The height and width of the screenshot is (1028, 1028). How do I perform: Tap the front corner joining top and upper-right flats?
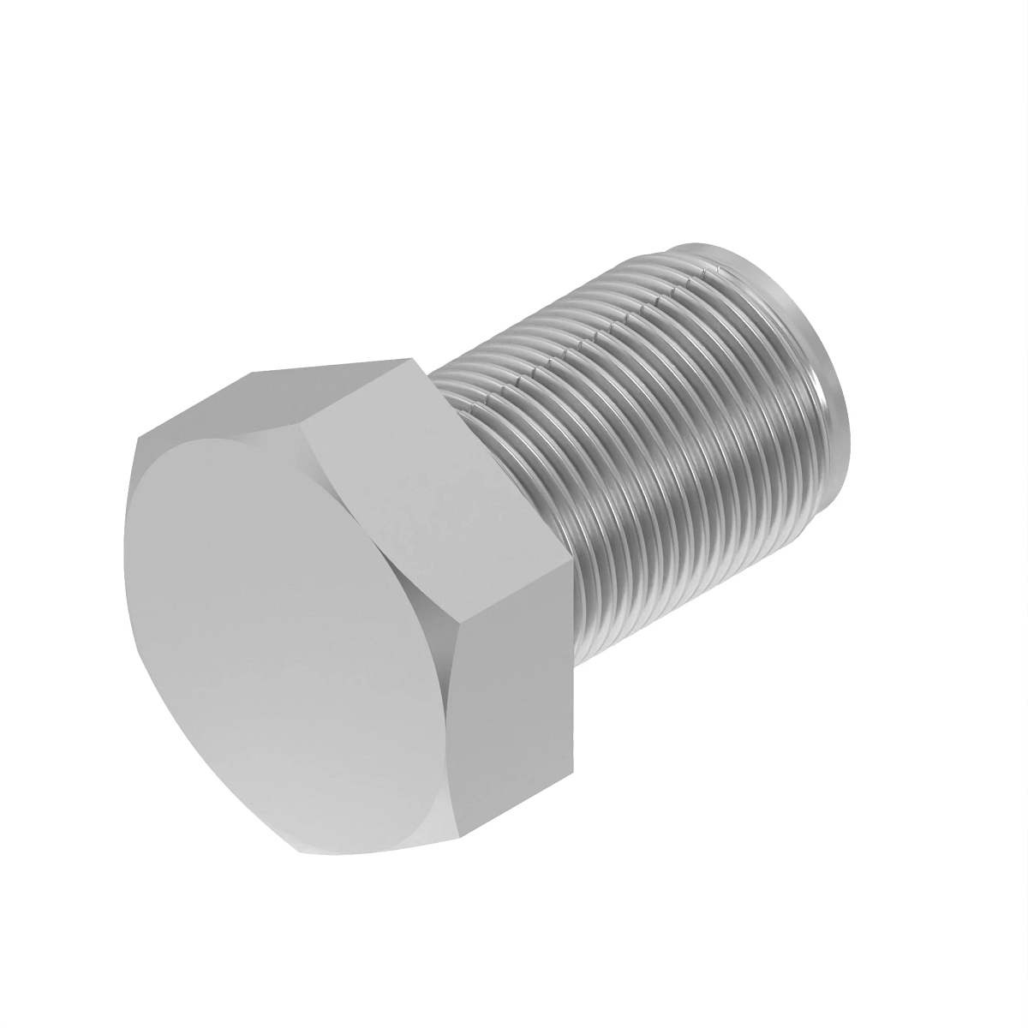(304, 420)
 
